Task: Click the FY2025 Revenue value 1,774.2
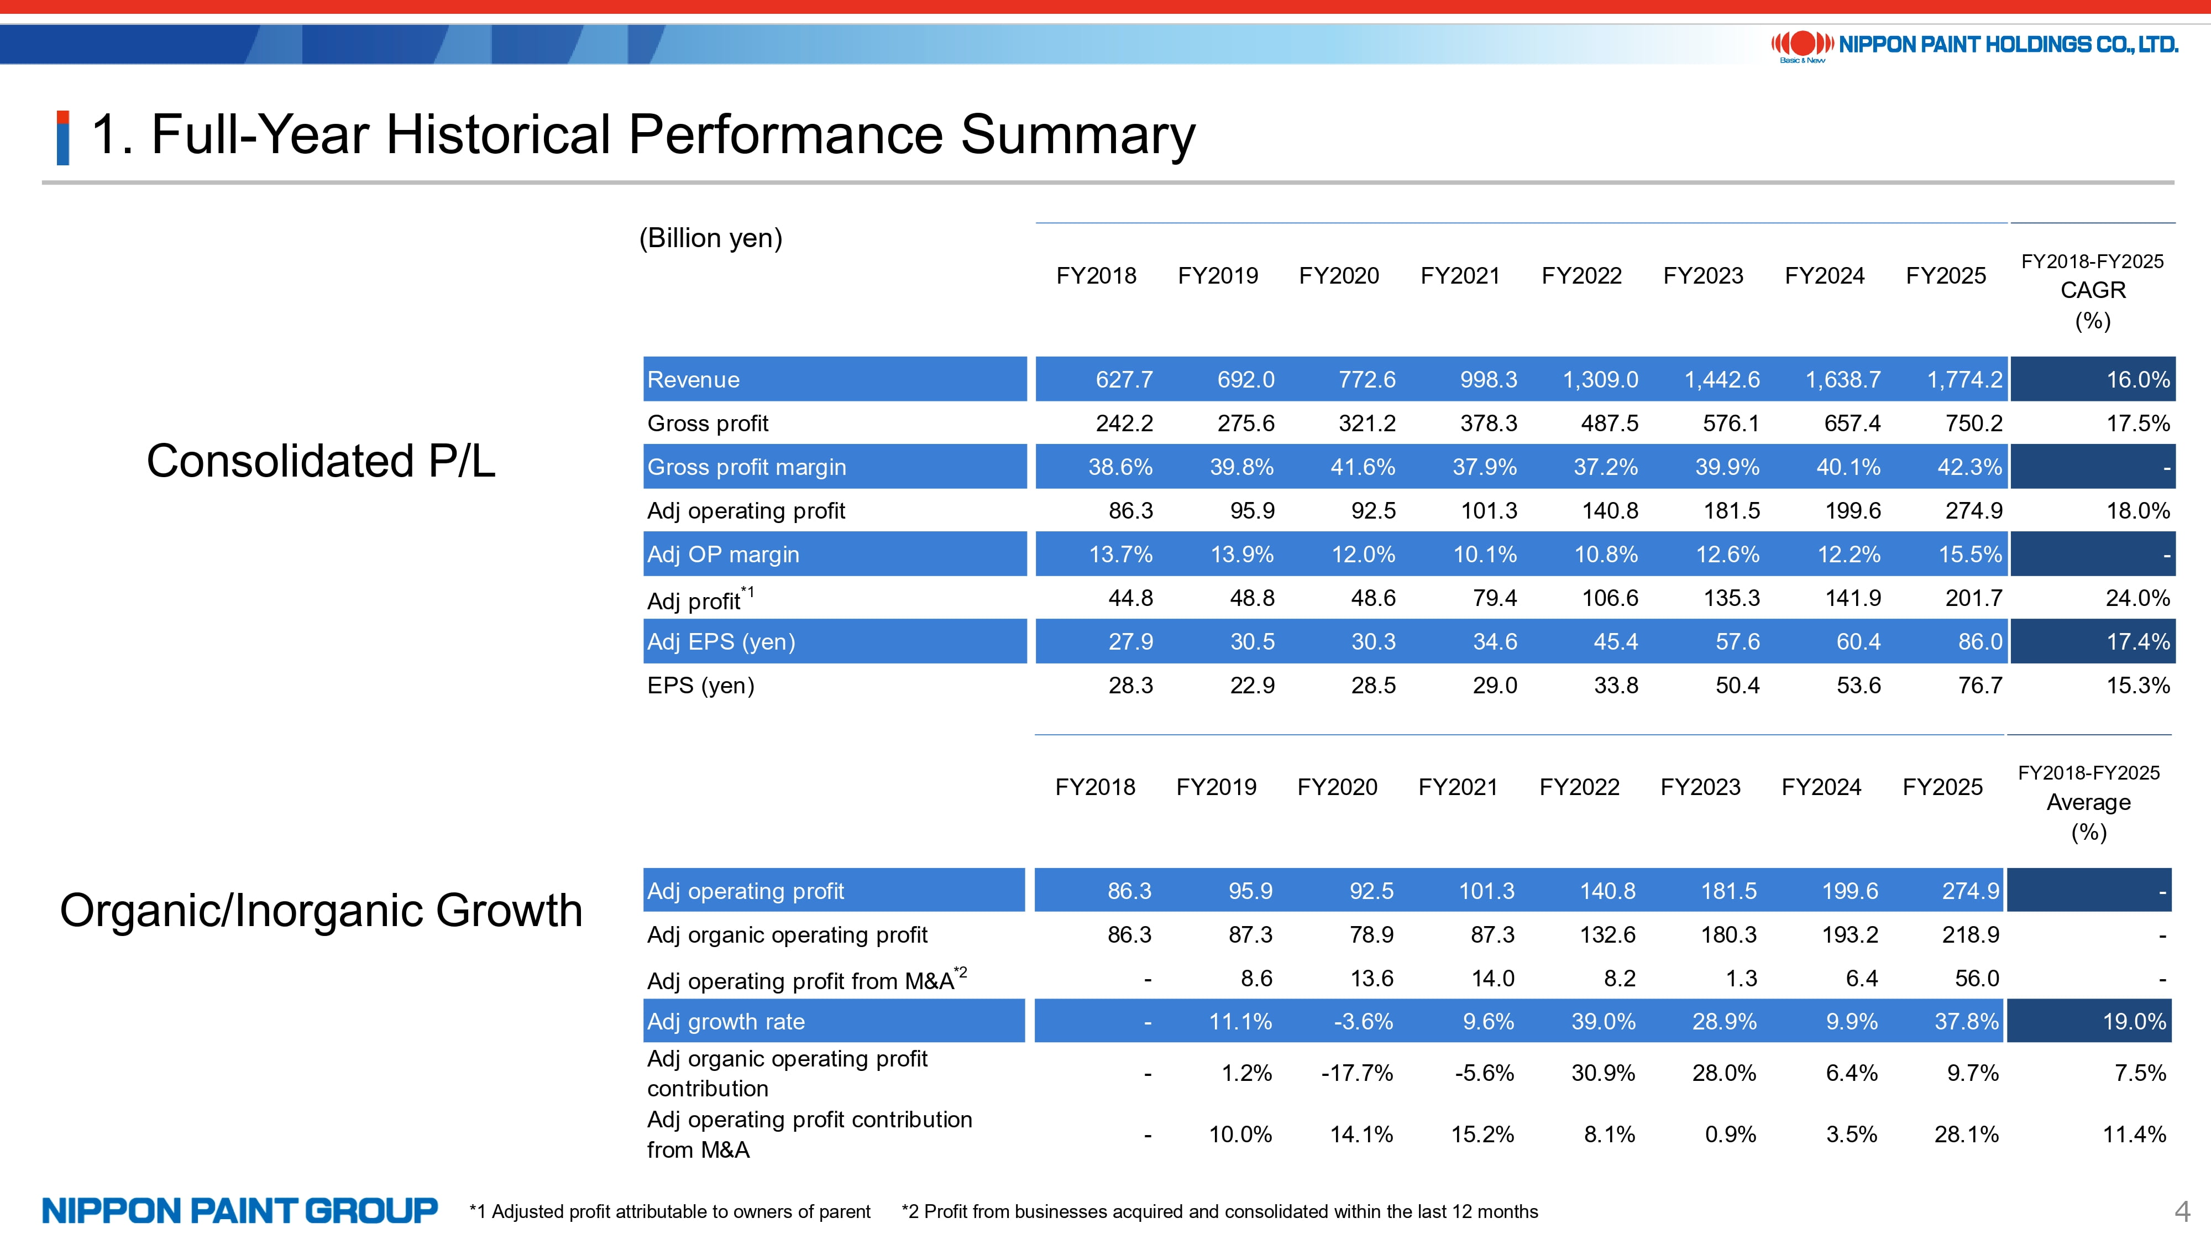(1964, 379)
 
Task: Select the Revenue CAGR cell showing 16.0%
(2137, 379)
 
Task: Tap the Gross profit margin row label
(747, 467)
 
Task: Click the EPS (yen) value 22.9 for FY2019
(1253, 685)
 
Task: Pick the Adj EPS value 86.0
(1980, 641)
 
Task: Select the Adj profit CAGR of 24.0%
(2137, 598)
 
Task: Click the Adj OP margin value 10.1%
(1485, 555)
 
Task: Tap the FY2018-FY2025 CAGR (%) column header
(2093, 290)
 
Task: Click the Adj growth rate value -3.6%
(1363, 1022)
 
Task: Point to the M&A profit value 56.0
(1977, 978)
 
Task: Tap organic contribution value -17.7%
(1357, 1073)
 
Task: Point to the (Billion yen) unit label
(711, 238)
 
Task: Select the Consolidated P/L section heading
(321, 461)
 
